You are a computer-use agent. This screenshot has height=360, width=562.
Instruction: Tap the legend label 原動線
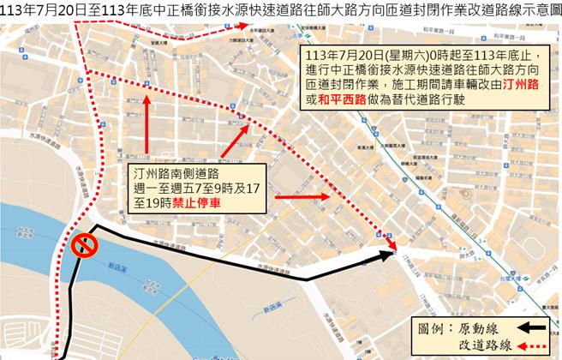[x=481, y=327]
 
